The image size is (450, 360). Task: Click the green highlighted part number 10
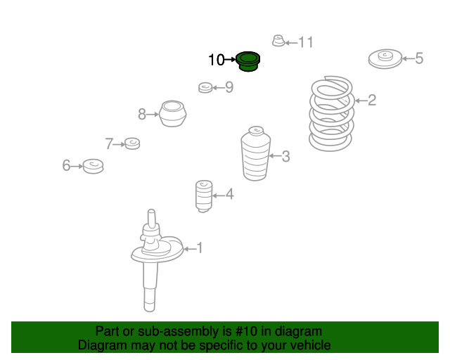point(248,61)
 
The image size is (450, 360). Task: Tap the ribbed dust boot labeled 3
point(255,154)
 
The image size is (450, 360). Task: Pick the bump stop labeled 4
point(204,196)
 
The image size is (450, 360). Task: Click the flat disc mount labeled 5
point(385,59)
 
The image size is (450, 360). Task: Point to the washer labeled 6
point(93,166)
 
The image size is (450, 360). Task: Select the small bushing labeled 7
point(132,143)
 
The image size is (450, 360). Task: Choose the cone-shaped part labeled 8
point(172,114)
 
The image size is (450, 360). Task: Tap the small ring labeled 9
point(205,88)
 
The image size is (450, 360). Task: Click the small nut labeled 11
point(278,41)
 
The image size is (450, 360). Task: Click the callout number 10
point(216,60)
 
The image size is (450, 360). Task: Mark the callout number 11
point(306,42)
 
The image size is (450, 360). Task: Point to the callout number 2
point(372,100)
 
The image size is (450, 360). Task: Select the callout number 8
point(142,115)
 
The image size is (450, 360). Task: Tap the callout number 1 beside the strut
point(200,248)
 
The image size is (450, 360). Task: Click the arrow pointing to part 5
point(408,58)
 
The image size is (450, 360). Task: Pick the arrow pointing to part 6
point(77,166)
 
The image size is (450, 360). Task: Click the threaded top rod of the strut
point(152,218)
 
